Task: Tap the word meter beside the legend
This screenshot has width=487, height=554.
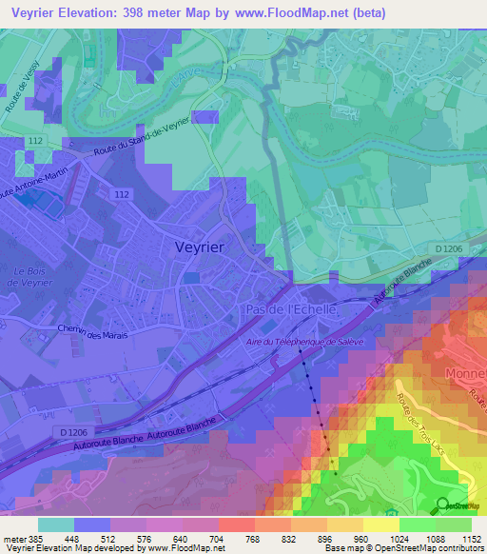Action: click(x=12, y=538)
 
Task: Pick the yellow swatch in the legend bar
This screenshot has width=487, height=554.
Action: click(x=380, y=524)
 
